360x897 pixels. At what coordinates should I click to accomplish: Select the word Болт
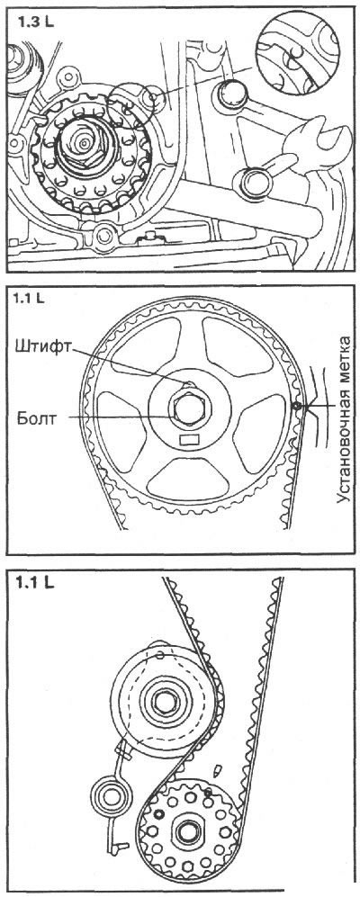click(x=38, y=418)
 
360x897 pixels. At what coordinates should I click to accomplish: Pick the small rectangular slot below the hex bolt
click(x=188, y=440)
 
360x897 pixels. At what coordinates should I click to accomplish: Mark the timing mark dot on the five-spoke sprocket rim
click(x=296, y=406)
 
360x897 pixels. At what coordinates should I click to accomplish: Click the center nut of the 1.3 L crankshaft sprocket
click(x=82, y=143)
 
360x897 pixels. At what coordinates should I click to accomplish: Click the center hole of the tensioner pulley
click(x=165, y=702)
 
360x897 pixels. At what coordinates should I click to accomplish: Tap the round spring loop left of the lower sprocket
click(x=110, y=794)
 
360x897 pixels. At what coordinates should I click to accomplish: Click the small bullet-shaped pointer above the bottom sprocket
click(x=218, y=770)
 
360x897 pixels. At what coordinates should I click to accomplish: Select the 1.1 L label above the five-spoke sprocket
click(x=31, y=298)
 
